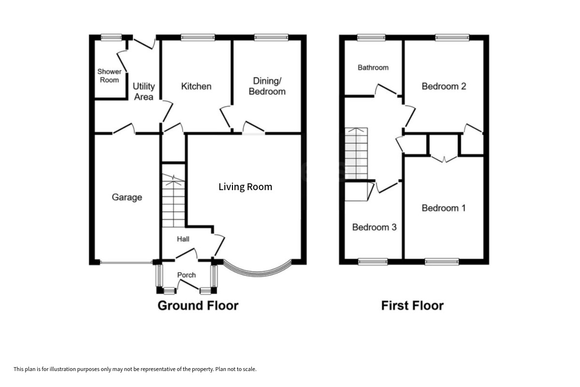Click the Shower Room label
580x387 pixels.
(x=109, y=75)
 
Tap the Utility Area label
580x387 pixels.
(x=144, y=91)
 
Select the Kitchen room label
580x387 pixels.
(x=196, y=86)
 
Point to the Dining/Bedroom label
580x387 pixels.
(x=267, y=86)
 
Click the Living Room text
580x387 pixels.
(x=245, y=187)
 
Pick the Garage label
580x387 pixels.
(x=127, y=197)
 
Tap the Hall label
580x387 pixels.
(x=183, y=239)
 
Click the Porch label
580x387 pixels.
(x=187, y=275)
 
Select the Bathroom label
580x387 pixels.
(x=373, y=68)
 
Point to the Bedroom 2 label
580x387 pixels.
(x=444, y=86)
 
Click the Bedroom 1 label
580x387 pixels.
(x=444, y=208)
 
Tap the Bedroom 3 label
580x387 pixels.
(x=375, y=227)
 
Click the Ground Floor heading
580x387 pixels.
(x=198, y=306)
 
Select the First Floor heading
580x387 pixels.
(x=412, y=306)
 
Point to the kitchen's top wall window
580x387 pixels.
(x=198, y=38)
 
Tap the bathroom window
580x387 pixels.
(x=371, y=38)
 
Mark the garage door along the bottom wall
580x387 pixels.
(x=126, y=263)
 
